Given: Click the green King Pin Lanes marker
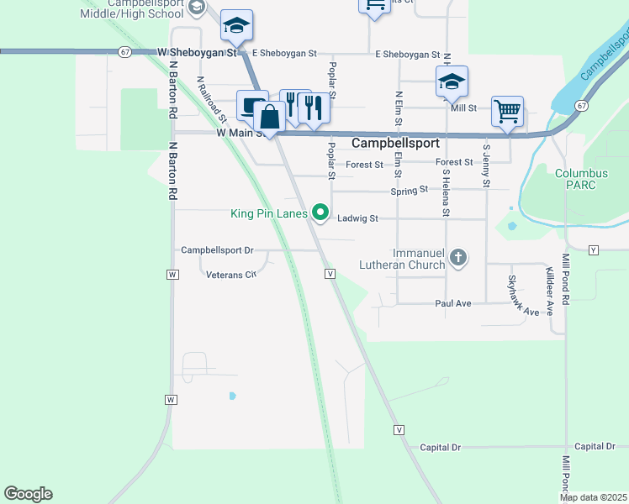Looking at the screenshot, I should click(320, 213).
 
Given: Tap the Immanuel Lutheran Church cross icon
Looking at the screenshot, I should click(458, 257).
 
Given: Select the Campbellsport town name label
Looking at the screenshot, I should click(395, 144).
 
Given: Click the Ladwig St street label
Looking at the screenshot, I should click(359, 218).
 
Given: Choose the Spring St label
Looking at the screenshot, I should click(410, 191).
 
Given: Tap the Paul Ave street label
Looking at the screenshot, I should click(452, 303).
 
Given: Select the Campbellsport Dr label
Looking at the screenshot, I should click(217, 250).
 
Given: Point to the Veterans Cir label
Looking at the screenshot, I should click(230, 275).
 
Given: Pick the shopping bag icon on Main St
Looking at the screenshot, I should click(270, 117).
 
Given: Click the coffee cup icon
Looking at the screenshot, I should click(251, 105).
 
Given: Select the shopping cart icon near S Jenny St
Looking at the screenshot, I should click(507, 110).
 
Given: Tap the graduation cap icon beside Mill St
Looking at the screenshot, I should click(452, 81).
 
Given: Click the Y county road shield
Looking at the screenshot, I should click(594, 250).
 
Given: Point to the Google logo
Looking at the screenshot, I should click(28, 494).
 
